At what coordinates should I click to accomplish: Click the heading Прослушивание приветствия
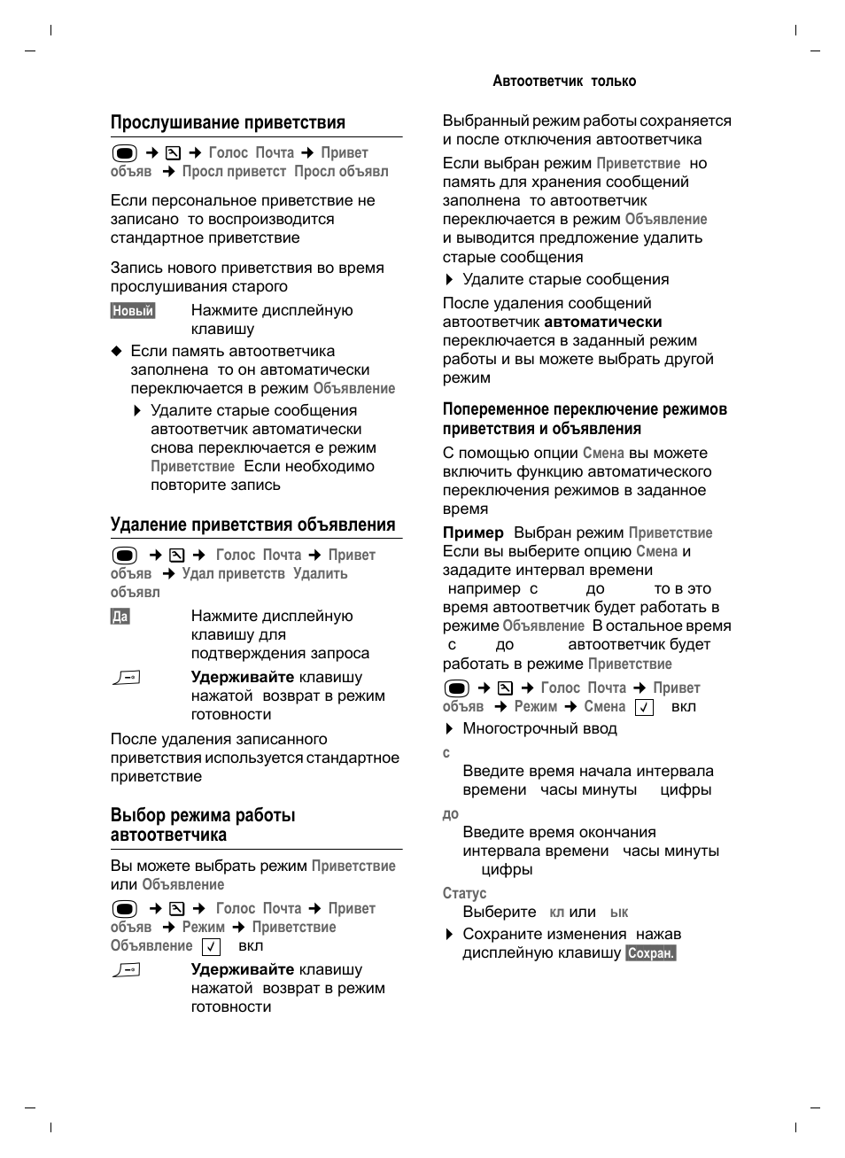pos(228,122)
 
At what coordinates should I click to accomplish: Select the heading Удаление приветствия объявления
pos(252,525)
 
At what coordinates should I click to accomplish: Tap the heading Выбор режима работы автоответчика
pos(203,825)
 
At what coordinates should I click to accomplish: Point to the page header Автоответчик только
pos(564,81)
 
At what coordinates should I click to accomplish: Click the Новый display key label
pos(133,310)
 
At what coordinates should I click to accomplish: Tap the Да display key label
pos(120,616)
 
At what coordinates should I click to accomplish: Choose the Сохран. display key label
pos(651,953)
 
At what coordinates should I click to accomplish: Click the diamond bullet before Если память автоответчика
pos(115,351)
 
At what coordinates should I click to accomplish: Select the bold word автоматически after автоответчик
pos(602,322)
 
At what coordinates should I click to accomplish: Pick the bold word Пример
pos(473,532)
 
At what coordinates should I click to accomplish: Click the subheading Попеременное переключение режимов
pos(585,409)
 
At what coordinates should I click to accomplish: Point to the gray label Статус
pos(464,893)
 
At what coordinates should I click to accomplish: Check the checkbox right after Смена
pos(644,707)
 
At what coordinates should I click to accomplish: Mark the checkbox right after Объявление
pos(211,946)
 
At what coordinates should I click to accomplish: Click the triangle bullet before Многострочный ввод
pos(449,729)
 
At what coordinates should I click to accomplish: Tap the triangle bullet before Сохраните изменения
pos(449,935)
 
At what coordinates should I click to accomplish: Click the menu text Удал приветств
pos(233,573)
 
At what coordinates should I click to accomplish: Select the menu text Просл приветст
pos(234,171)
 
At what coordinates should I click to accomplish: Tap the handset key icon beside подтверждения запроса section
pos(127,678)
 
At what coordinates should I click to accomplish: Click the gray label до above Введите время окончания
pos(451,814)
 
